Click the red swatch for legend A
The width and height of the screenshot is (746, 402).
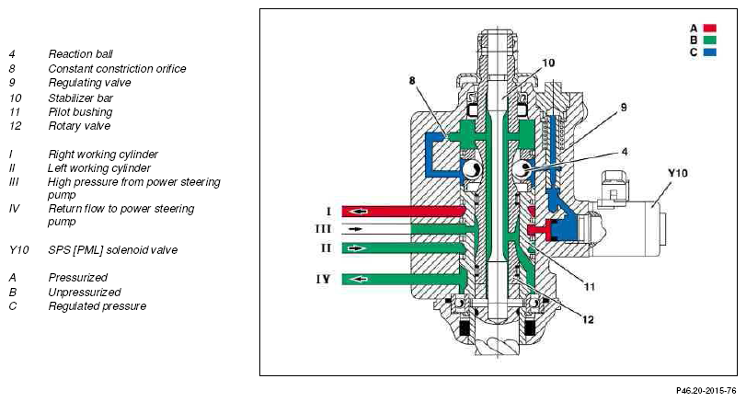click(x=710, y=28)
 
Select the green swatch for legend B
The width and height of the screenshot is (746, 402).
click(x=710, y=40)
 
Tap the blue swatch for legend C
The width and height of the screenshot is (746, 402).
click(x=710, y=52)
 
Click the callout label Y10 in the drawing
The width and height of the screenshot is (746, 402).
click(x=677, y=171)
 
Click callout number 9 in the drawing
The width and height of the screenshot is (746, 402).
click(x=623, y=108)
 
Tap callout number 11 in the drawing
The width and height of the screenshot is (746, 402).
click(x=590, y=286)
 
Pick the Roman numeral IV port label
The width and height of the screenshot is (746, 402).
click(x=323, y=277)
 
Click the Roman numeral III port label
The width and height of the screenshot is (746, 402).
click(x=323, y=228)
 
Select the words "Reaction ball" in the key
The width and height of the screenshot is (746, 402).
click(x=81, y=54)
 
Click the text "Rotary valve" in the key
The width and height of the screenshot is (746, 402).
click(x=79, y=126)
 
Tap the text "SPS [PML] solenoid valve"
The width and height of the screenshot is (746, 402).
click(x=112, y=250)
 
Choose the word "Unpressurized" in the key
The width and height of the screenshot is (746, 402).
click(x=85, y=292)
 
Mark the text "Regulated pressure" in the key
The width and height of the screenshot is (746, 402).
click(x=97, y=306)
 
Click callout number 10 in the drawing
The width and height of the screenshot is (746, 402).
click(x=548, y=63)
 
